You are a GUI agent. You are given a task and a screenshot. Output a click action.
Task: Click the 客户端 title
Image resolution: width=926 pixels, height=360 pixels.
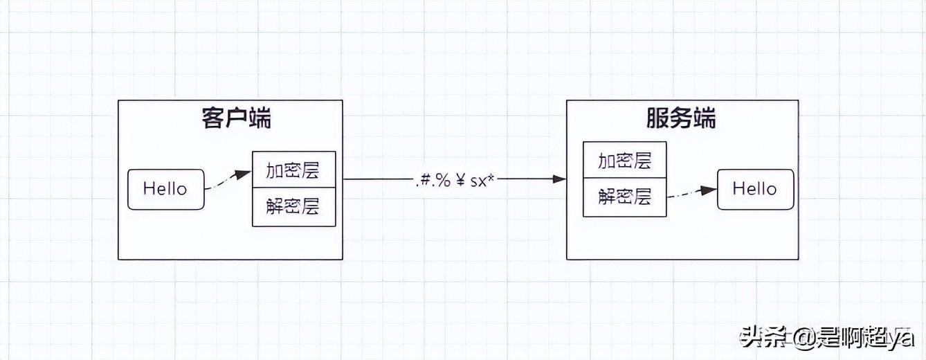237,119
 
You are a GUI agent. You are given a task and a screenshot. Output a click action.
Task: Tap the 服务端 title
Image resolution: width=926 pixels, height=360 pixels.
681,119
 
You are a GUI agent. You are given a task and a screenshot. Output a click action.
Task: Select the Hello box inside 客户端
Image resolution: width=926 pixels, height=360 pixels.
166,189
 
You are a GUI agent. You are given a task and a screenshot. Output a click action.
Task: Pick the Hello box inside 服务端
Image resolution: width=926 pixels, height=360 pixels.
754,189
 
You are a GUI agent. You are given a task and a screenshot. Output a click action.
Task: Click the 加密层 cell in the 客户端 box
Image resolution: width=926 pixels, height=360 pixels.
293,170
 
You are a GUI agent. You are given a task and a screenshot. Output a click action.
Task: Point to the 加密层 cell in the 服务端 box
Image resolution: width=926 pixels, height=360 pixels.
624,161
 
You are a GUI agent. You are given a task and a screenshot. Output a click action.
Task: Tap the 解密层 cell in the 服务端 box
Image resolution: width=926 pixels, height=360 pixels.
624,197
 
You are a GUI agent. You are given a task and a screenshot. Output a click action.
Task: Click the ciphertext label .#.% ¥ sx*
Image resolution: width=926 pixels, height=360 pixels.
456,181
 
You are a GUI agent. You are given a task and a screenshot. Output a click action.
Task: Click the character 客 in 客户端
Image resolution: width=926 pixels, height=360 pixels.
214,119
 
